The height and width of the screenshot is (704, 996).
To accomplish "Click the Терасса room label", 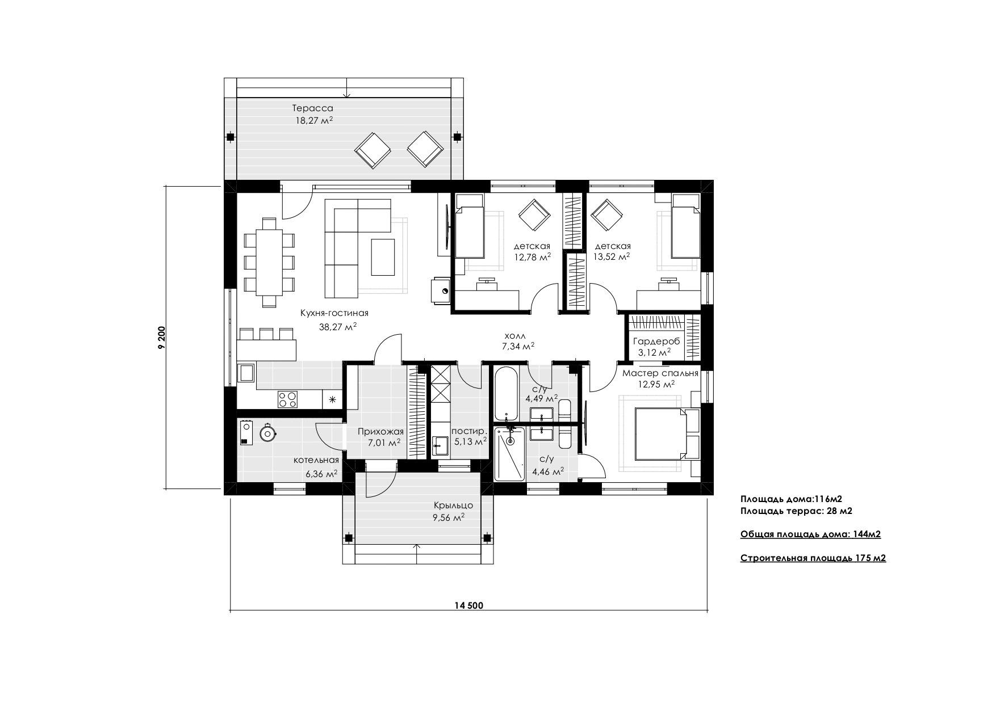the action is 312,108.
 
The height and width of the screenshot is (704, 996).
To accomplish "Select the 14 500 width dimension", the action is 468,605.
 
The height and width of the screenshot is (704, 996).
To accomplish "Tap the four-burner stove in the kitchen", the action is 287,399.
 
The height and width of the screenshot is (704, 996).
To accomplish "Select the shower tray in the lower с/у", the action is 510,454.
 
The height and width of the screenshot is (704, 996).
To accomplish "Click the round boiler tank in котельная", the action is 267,433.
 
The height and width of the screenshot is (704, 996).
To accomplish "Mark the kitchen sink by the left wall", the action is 247,373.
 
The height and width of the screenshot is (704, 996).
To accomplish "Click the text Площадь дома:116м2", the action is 791,499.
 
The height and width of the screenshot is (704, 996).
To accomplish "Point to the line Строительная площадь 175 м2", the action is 813,558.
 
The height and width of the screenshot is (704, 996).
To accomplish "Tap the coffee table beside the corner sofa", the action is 383,257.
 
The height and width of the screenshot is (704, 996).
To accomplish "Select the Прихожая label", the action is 380,432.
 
